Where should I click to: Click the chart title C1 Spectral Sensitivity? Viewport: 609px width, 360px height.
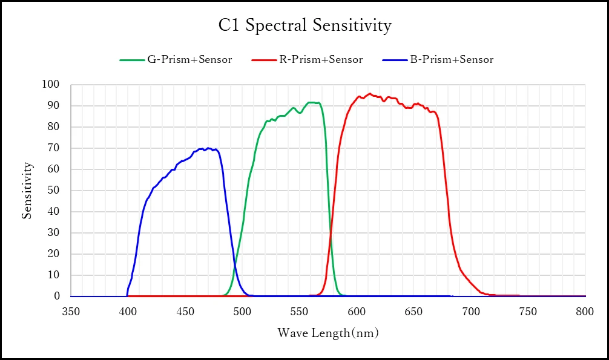305,25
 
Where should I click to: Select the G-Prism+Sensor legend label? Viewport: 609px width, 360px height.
189,59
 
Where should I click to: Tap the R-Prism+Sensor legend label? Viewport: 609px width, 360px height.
321,59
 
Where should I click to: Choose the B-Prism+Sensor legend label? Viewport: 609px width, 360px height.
452,59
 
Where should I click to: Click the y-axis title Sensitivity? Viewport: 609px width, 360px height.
27,191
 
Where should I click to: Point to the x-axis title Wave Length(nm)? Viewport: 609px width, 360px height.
328,333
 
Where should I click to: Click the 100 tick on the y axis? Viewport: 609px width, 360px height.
50,84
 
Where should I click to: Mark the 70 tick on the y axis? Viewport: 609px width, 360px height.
53,148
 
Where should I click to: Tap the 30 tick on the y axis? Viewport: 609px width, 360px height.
53,232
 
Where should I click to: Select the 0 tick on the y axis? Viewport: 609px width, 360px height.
57,296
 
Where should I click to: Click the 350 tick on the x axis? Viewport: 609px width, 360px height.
71,312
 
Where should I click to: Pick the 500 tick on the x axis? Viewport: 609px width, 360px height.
242,312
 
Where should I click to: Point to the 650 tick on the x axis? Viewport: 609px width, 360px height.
413,312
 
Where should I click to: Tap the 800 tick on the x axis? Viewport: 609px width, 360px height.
585,312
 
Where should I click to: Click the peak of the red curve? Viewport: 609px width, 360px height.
370,94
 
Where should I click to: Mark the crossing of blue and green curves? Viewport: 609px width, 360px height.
235,264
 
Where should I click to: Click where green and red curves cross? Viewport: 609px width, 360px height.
331,233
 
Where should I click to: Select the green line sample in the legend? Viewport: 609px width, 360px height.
132,60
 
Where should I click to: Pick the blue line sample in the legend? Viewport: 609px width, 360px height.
395,60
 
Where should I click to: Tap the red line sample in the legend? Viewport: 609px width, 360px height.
264,60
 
